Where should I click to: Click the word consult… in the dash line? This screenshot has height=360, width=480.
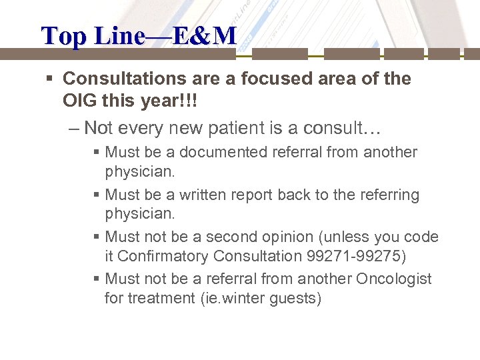tap(327, 127)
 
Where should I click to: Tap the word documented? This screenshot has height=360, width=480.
tap(223, 152)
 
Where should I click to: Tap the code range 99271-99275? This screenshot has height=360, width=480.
tap(361, 255)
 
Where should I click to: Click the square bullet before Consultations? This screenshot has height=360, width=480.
tap(51, 79)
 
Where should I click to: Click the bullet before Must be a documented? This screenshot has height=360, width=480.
tap(97, 153)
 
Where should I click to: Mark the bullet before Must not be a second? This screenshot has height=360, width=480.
tap(97, 237)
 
